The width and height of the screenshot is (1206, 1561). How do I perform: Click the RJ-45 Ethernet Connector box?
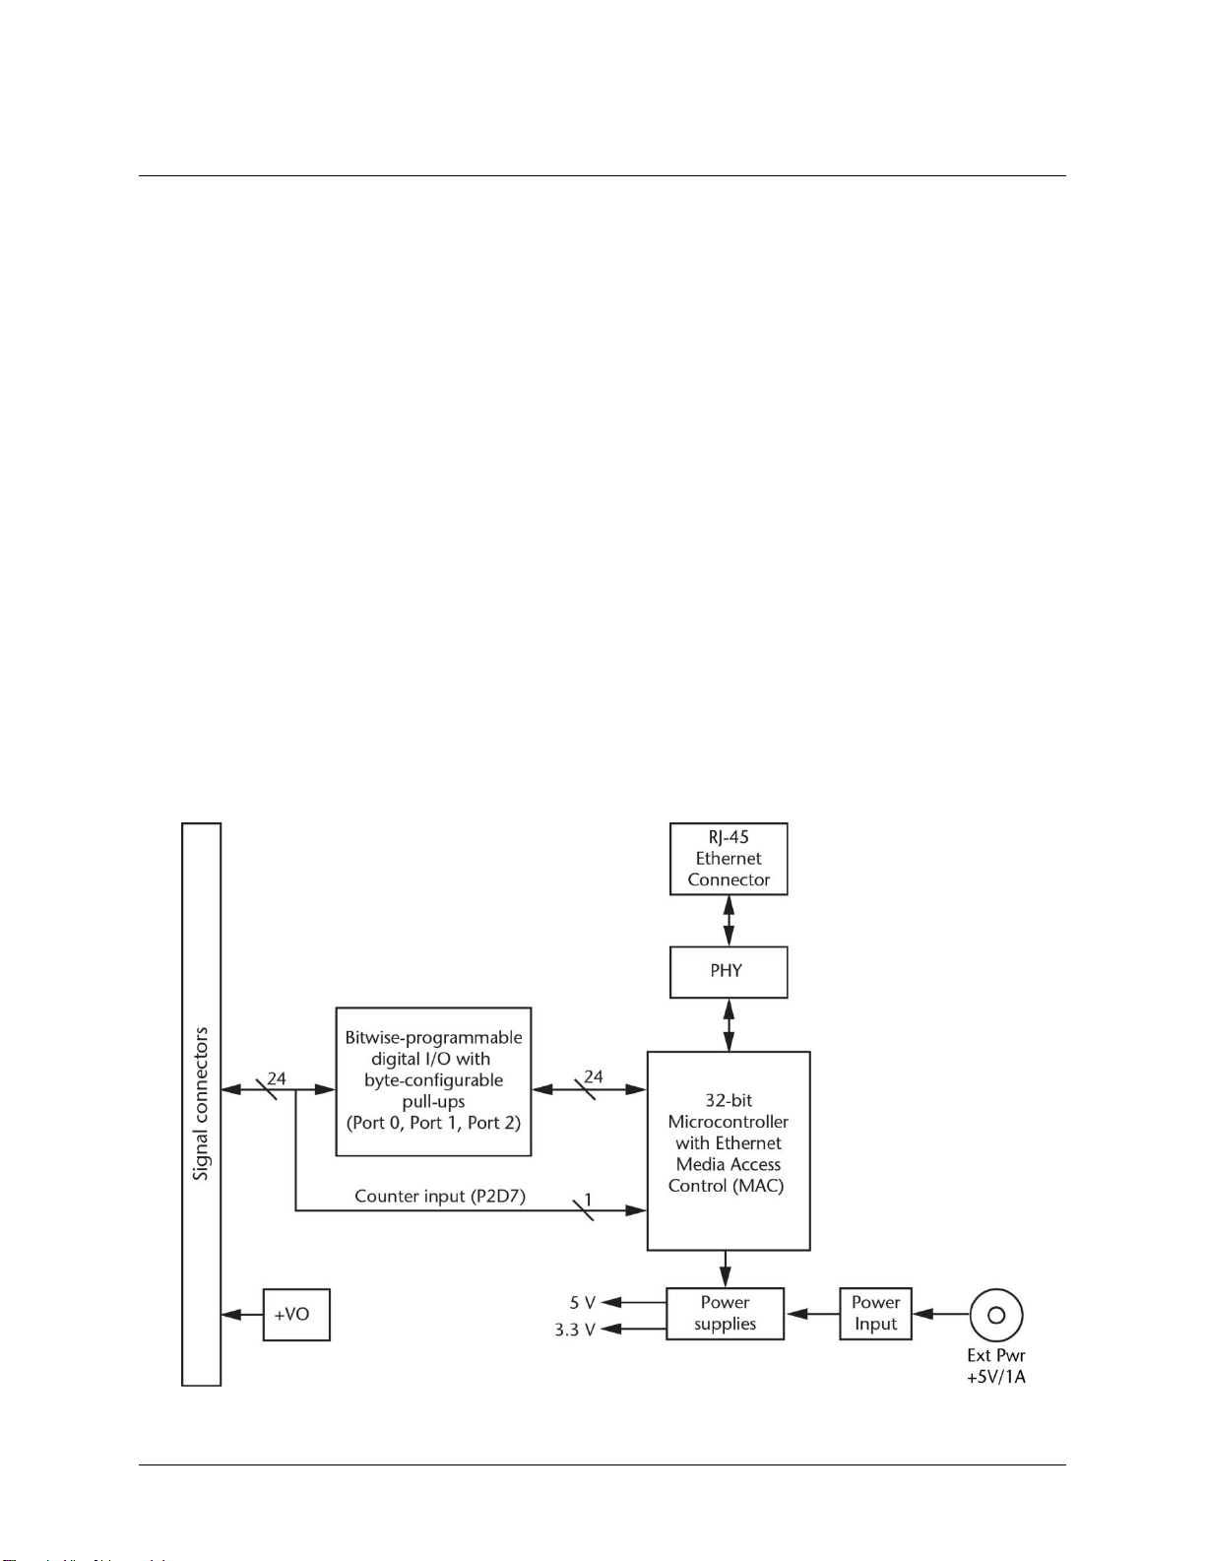coord(729,859)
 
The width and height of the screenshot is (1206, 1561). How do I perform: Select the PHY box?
coord(729,972)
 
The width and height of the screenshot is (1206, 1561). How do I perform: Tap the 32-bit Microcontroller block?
coord(729,1150)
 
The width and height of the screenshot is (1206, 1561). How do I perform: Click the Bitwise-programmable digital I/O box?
coord(433,1081)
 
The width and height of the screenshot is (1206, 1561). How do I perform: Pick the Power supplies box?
coord(725,1314)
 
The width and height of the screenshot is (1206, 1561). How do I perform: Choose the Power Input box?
coord(875,1314)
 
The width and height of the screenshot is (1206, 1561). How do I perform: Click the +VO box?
coord(296,1315)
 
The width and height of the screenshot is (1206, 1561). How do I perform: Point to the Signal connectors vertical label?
coord(201,1103)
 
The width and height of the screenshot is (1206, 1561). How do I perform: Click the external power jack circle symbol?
coord(996,1315)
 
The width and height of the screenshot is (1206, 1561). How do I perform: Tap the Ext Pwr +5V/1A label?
coord(996,1366)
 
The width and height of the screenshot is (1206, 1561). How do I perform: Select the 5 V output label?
coord(582,1303)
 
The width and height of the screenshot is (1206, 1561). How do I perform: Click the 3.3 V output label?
coord(575,1330)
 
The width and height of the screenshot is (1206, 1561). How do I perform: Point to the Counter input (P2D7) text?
coord(440,1197)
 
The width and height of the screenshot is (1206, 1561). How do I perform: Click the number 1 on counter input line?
coord(588,1200)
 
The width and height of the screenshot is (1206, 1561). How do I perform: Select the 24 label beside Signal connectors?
coord(277,1078)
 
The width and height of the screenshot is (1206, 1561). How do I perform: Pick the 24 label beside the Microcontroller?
coord(594,1076)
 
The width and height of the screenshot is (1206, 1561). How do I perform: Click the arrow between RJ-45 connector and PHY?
coord(729,921)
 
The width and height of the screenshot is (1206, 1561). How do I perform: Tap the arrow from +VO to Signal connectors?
coord(242,1315)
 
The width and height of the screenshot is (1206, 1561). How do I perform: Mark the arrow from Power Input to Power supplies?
coord(812,1314)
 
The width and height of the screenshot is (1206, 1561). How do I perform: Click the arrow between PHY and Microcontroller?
coord(729,1025)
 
